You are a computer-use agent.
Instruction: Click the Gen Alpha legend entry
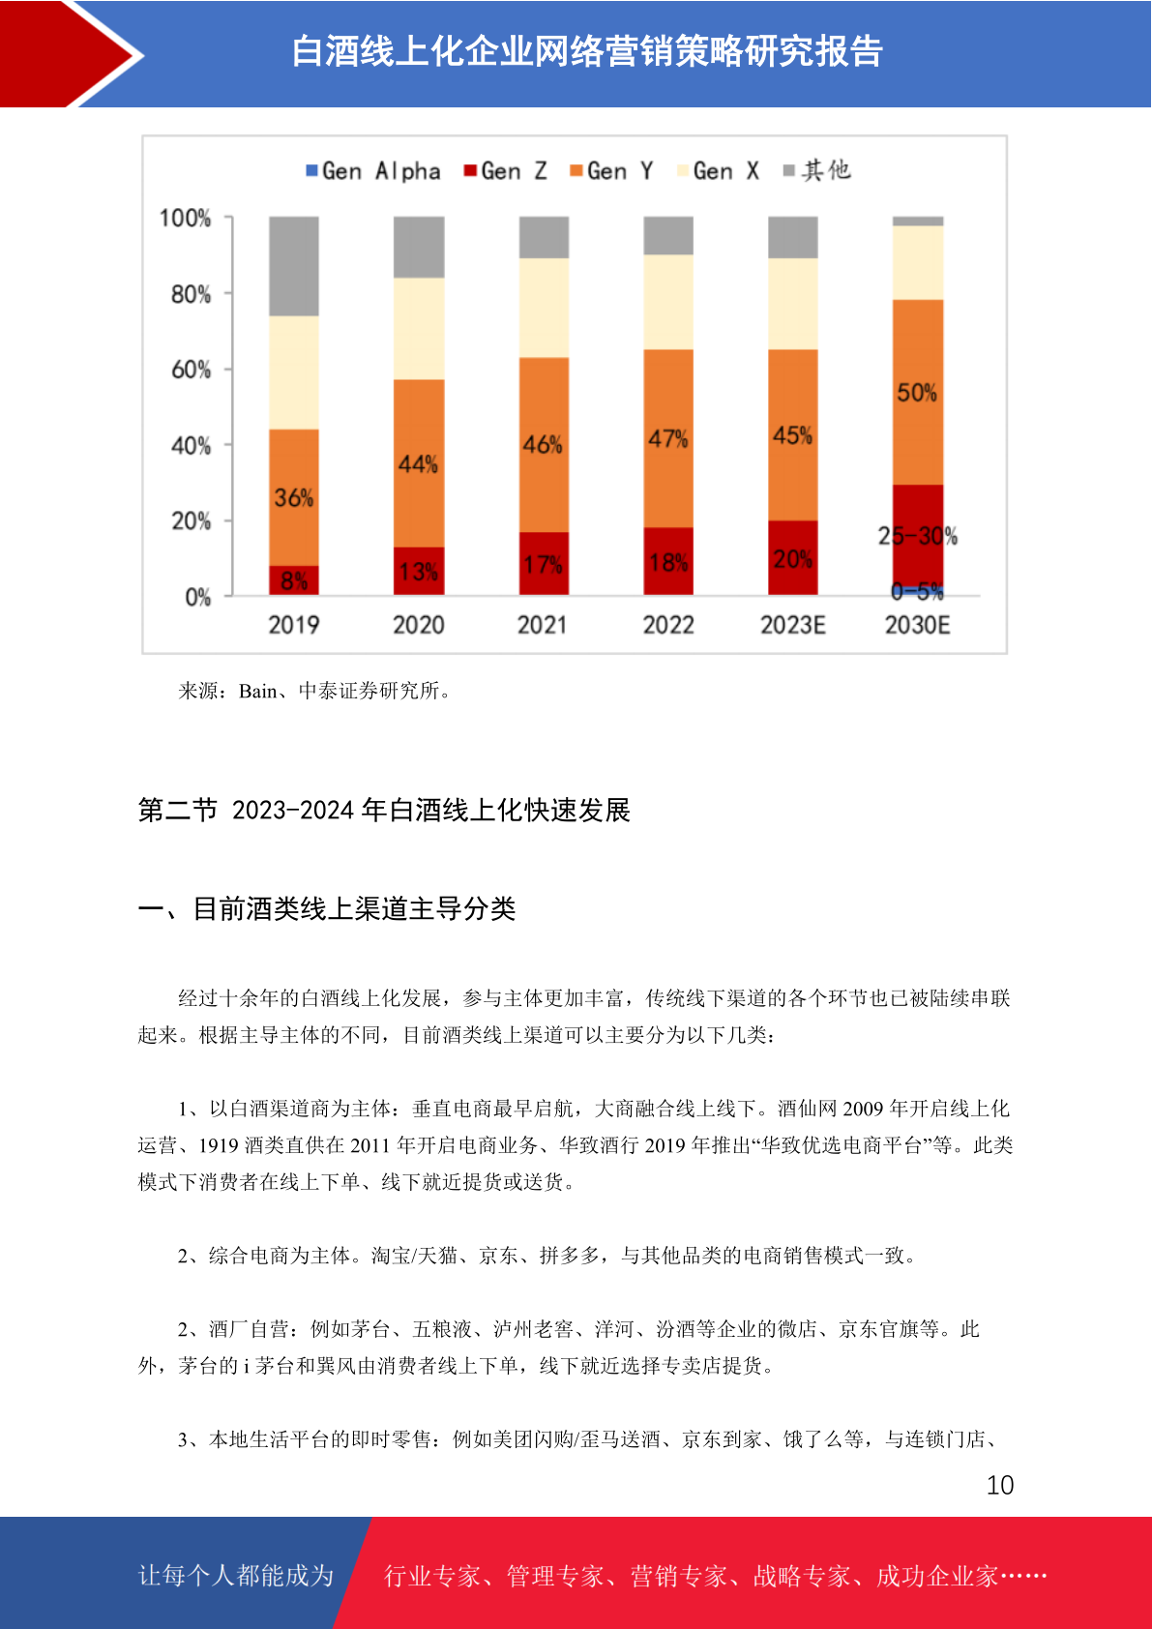[x=373, y=171]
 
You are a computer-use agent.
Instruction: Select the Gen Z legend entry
[x=506, y=171]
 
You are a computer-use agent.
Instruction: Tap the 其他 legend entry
[x=816, y=170]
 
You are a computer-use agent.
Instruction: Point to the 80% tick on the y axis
[x=192, y=294]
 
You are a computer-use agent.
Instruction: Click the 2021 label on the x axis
[x=542, y=625]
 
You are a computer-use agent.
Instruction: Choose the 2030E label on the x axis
[x=917, y=625]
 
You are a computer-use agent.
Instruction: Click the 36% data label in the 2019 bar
[x=294, y=498]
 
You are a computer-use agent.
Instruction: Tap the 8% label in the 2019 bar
[x=294, y=581]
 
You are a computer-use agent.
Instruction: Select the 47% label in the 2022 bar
[x=668, y=438]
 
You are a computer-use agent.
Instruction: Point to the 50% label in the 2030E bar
[x=917, y=393]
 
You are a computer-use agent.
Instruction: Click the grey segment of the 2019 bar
[x=294, y=266]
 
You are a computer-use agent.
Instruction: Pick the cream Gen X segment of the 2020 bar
[x=419, y=329]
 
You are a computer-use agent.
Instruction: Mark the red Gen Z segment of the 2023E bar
[x=793, y=558]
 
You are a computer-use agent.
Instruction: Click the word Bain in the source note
[x=257, y=691]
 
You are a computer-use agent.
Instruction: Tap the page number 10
[x=1000, y=1485]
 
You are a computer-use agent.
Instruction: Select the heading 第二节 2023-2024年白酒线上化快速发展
[x=384, y=810]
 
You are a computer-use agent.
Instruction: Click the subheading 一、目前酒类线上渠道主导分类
[x=327, y=909]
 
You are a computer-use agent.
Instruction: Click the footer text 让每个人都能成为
[x=236, y=1575]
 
